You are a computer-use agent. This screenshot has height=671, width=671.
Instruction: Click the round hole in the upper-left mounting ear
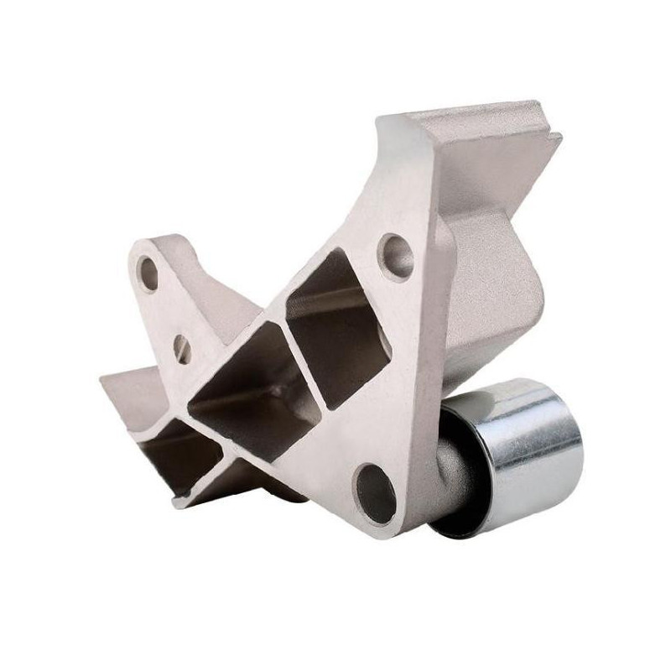[149, 273]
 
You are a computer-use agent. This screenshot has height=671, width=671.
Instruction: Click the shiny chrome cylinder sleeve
[528, 457]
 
